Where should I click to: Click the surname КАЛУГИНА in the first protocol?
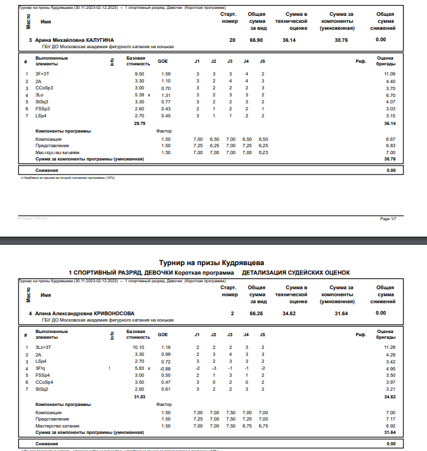click(100, 40)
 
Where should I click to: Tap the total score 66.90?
click(256, 40)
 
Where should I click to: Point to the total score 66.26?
click(256, 313)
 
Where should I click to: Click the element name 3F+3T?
click(43, 74)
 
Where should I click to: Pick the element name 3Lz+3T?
click(44, 348)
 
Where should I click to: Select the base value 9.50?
click(140, 74)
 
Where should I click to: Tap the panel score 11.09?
click(390, 74)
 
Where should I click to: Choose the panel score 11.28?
click(390, 348)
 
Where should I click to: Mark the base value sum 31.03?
click(140, 396)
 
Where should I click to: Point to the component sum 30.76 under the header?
click(341, 40)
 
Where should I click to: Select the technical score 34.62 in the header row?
click(289, 313)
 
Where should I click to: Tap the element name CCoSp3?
click(44, 88)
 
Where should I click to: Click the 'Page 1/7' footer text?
click(388, 219)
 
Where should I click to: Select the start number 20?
click(232, 40)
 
